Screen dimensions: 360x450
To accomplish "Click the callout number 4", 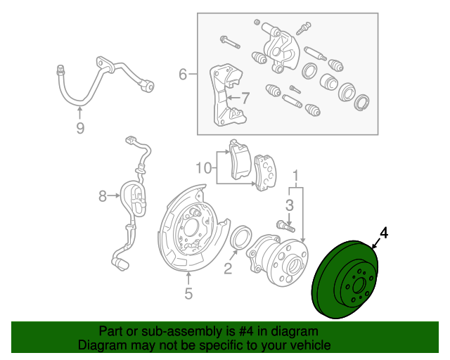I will tap(384, 232).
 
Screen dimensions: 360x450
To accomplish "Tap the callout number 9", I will tap(79, 127).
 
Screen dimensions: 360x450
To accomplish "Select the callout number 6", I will tap(183, 74).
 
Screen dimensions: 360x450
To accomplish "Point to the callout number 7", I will tap(245, 98).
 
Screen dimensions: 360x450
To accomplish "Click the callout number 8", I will tap(103, 196).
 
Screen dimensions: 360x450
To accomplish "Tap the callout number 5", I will tap(188, 294).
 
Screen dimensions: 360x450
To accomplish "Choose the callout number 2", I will tap(228, 267).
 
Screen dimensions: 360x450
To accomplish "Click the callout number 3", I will tap(289, 205).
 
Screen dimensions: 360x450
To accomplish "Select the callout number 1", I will tap(296, 174).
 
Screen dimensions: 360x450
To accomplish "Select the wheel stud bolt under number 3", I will tap(283, 226).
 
